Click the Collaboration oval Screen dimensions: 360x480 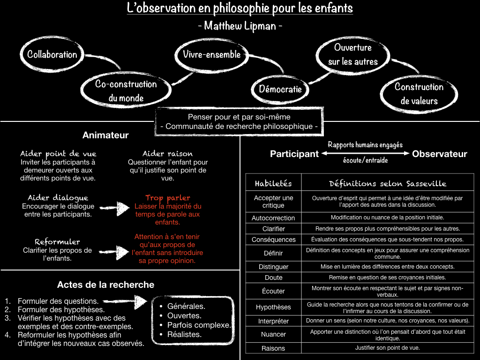[x=52, y=54]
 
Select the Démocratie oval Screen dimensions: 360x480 [x=280, y=89]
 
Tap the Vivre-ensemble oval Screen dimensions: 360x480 [x=211, y=54]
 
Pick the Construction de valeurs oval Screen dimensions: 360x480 [x=419, y=94]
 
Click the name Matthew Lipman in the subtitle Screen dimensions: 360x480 [x=240, y=25]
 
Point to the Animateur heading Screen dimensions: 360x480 [x=105, y=135]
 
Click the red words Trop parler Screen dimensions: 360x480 [x=167, y=198]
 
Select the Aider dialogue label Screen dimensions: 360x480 [x=58, y=198]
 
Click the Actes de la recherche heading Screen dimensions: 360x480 [x=105, y=285]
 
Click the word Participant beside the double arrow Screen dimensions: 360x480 [x=294, y=154]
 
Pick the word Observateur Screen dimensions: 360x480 [x=440, y=154]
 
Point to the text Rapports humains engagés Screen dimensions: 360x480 [x=365, y=145]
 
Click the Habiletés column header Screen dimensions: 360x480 [x=273, y=183]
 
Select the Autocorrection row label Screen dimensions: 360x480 [x=273, y=218]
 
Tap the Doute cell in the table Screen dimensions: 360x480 [x=273, y=277]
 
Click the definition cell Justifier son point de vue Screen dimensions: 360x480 [x=387, y=348]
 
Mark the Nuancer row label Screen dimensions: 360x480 [x=273, y=334]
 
